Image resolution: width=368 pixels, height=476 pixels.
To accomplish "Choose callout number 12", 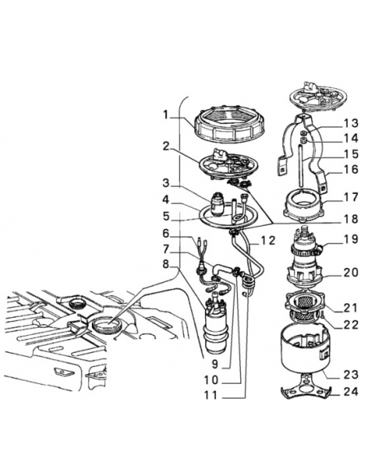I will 268,240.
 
